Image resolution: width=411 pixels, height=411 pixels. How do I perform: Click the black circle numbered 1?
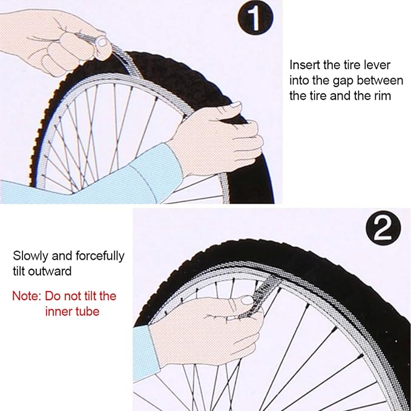[255, 18]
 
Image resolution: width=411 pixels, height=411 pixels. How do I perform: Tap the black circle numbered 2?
[383, 228]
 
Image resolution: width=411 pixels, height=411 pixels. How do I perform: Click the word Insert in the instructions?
[305, 65]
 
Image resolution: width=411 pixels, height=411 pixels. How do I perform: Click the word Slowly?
[31, 256]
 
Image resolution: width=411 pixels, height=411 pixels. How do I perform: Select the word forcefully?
[100, 256]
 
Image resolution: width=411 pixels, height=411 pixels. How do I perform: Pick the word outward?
[50, 271]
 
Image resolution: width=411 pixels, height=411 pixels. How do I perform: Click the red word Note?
[27, 296]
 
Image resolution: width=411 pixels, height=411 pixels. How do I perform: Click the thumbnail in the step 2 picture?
[246, 300]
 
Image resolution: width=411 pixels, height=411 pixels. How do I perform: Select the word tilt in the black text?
[19, 271]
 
